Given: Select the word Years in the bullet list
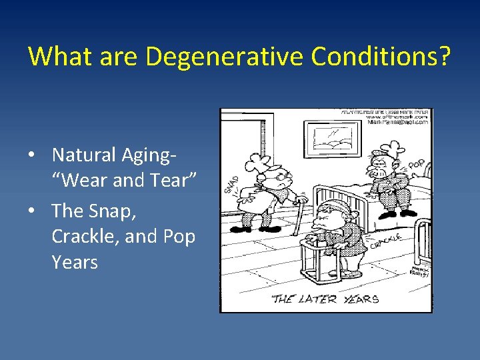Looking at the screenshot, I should [75, 263].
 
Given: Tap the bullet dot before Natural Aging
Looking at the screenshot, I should [32, 155].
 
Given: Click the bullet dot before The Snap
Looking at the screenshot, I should [32, 211].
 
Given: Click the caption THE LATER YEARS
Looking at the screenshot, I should [325, 299].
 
